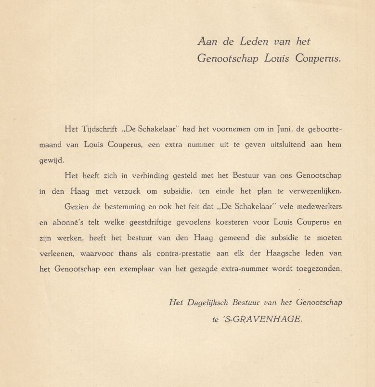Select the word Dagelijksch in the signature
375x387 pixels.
tap(210, 303)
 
